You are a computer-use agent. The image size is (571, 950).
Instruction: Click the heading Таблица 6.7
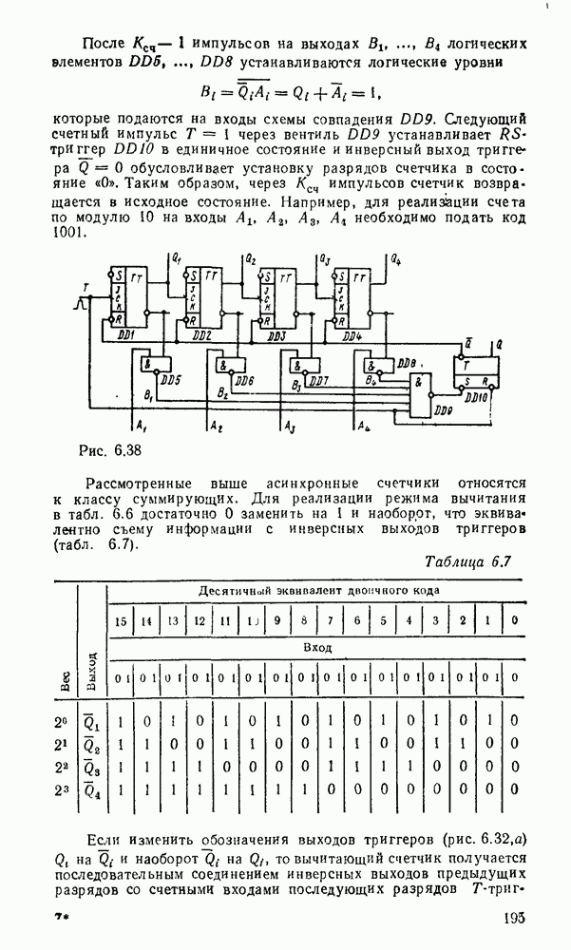coord(467,561)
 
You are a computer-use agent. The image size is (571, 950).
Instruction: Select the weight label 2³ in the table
coord(62,788)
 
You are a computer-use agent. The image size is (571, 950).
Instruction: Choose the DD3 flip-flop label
coord(276,335)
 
